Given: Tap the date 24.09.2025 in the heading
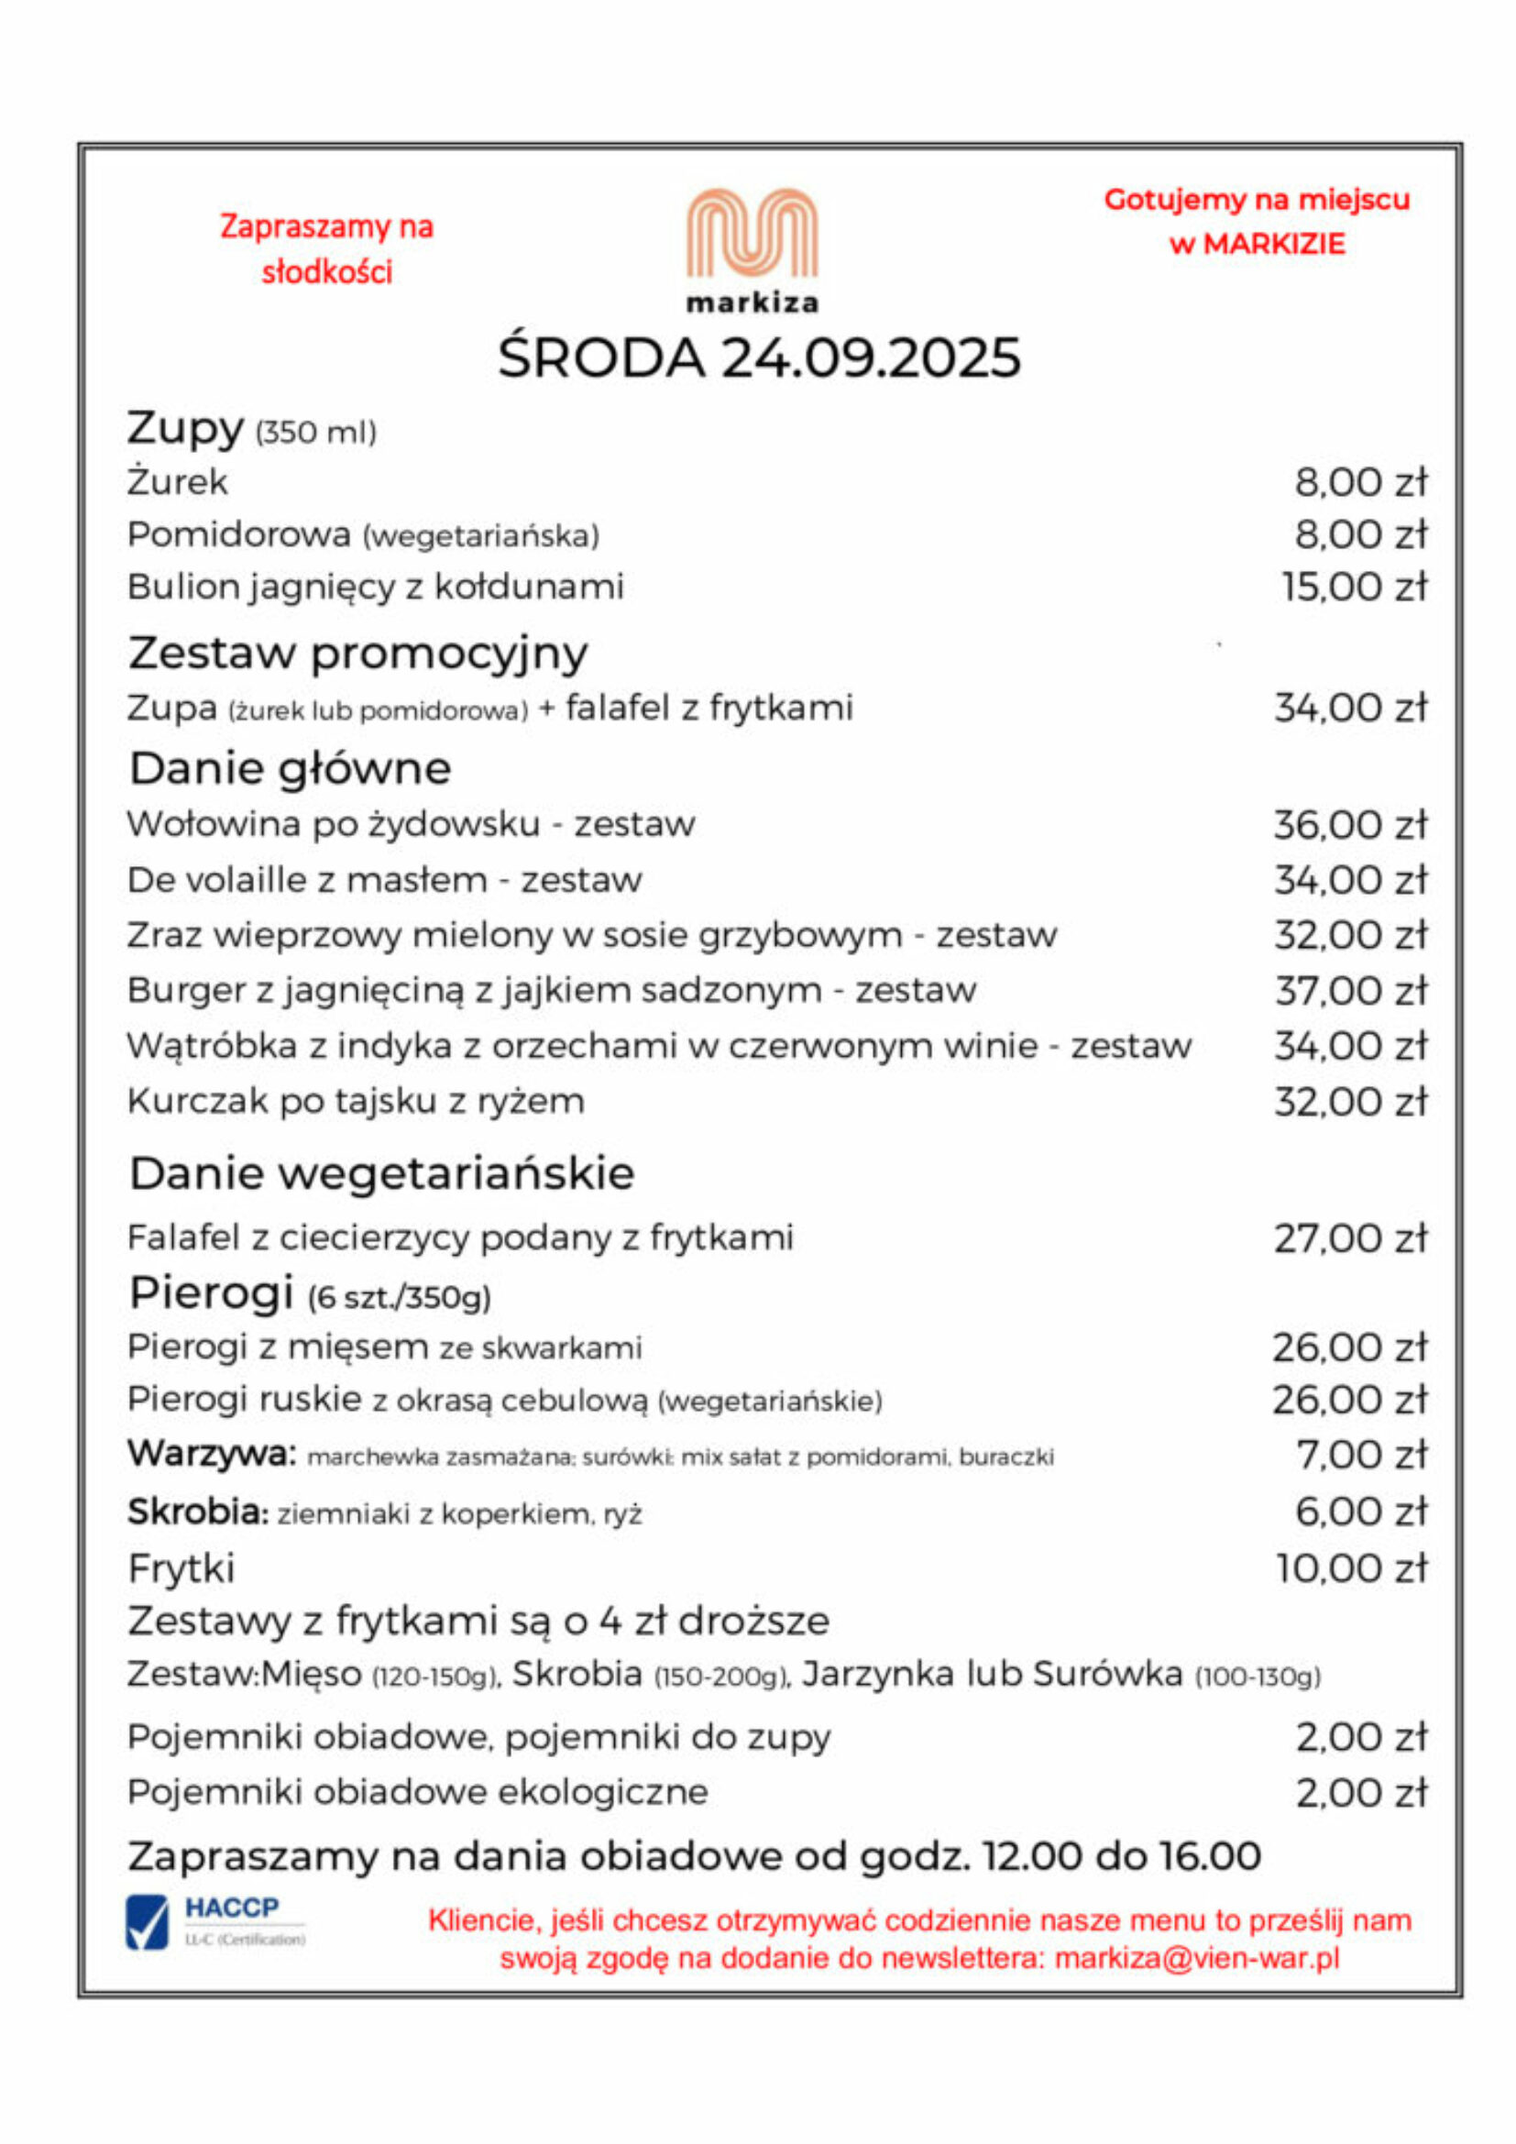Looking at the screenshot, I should [x=871, y=357].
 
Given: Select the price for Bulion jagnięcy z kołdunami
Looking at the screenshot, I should [x=1354, y=588].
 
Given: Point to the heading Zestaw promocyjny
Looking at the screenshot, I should [x=357, y=653].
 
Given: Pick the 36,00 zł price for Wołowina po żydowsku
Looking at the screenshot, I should [x=1351, y=825].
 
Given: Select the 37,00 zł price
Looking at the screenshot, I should [x=1351, y=991].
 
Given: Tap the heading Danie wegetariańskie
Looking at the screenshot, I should [x=381, y=1173].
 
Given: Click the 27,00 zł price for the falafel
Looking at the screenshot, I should [x=1351, y=1238].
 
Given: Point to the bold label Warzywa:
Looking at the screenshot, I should [x=211, y=1454].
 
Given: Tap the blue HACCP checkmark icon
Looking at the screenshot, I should [x=148, y=1923].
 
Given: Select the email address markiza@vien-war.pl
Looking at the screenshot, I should [x=1197, y=1958].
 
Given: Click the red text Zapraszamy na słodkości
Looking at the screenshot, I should [x=326, y=249].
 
